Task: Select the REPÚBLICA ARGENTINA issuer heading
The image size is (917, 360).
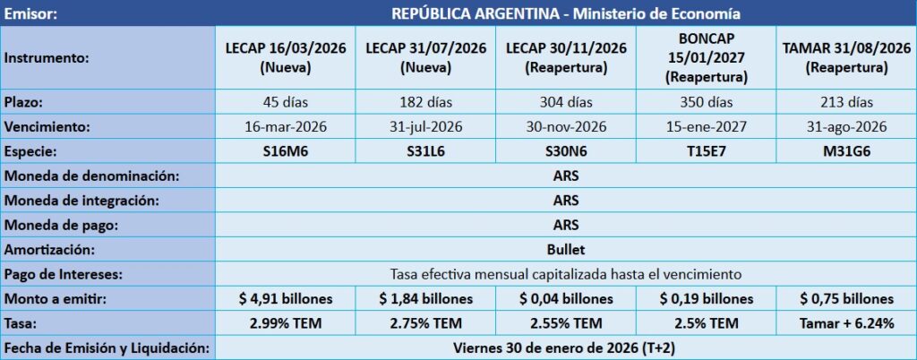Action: click(565, 13)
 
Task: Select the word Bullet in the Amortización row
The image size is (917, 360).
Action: click(565, 249)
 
